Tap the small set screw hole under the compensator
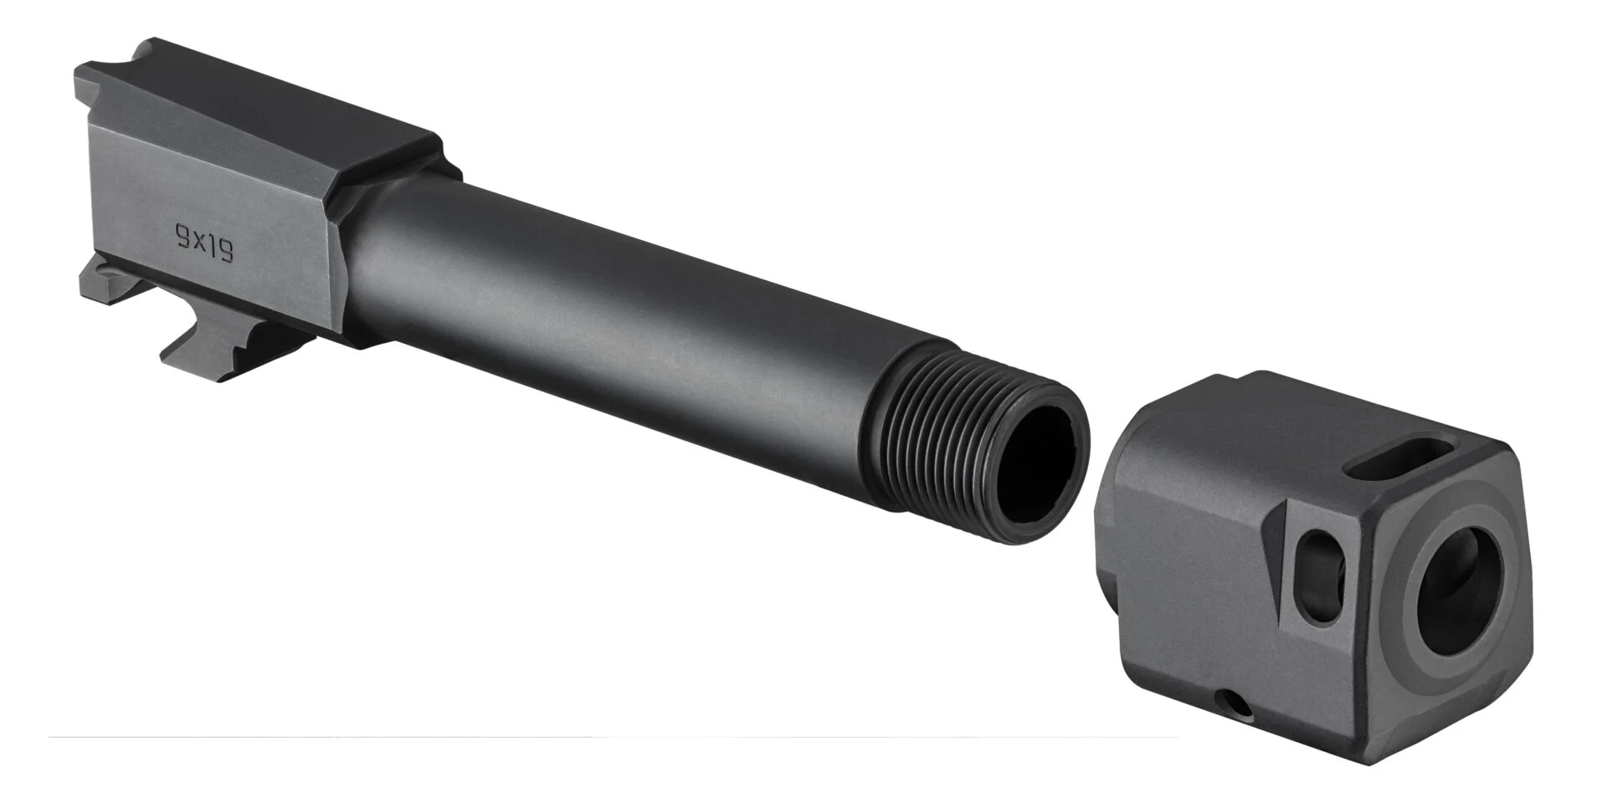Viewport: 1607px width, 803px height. (1237, 706)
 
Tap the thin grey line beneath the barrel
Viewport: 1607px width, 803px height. (586, 737)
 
